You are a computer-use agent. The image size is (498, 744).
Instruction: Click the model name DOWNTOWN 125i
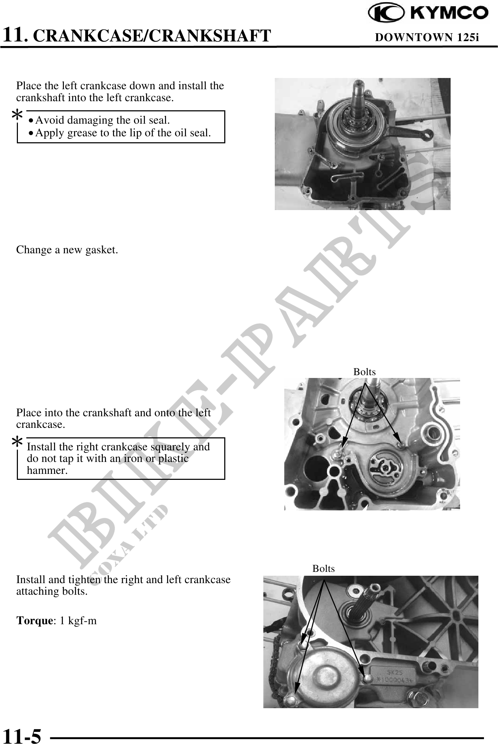pyautogui.click(x=427, y=37)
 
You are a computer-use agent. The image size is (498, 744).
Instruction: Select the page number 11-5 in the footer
pyautogui.click(x=22, y=735)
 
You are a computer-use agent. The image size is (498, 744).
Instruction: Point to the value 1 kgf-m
pyautogui.click(x=78, y=620)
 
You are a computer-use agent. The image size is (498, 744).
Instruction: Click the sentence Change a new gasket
pyautogui.click(x=67, y=250)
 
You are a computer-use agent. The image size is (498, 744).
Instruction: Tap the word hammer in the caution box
pyautogui.click(x=47, y=470)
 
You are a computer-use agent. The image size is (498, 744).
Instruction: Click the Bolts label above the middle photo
pyautogui.click(x=364, y=372)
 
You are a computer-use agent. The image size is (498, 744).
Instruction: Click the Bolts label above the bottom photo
pyautogui.click(x=324, y=568)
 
